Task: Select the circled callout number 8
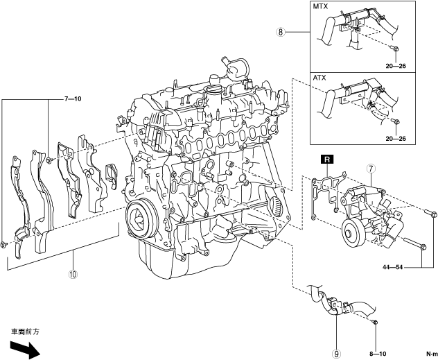click(x=281, y=32)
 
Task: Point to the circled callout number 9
click(x=337, y=353)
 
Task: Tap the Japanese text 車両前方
click(x=24, y=332)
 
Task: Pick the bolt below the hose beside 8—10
click(x=375, y=325)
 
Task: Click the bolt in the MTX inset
click(x=394, y=48)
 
